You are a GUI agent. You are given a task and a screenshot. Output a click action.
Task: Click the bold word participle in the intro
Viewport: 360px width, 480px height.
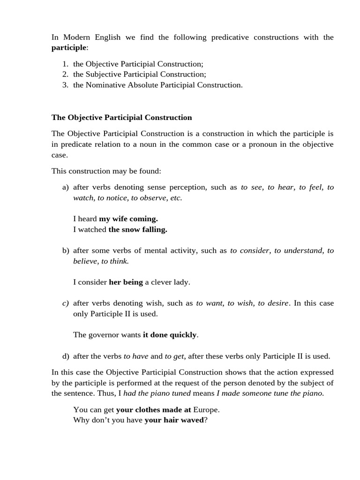(69, 48)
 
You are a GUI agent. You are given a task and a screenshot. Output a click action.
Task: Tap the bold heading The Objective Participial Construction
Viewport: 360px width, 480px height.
(122, 118)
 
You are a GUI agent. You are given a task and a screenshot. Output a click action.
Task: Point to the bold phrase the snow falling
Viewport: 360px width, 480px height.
(138, 230)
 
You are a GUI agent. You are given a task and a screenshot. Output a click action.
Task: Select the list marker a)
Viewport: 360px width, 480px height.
(65, 187)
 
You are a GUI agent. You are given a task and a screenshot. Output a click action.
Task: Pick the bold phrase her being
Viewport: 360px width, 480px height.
(126, 282)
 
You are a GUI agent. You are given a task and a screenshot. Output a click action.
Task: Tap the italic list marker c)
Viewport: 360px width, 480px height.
(65, 303)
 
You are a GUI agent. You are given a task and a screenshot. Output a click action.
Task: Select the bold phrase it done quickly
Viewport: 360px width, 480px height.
(170, 335)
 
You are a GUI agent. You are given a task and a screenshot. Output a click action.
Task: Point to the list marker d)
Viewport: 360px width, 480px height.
(65, 356)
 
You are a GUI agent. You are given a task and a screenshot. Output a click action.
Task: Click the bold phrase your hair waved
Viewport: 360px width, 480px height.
(174, 420)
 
